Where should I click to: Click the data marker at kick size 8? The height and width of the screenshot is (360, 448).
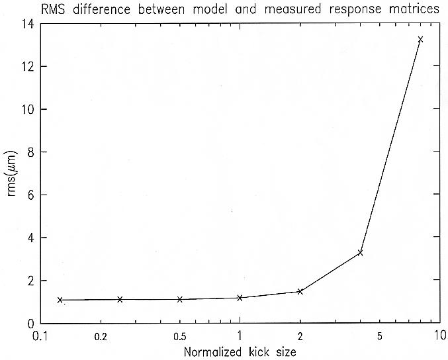pos(420,40)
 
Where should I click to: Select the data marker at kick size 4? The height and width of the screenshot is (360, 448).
pos(360,252)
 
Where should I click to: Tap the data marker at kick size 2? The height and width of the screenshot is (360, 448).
pos(300,291)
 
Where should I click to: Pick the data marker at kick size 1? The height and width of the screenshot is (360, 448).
pos(240,298)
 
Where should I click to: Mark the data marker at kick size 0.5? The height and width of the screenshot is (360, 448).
pos(179,299)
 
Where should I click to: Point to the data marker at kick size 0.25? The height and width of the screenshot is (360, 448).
pos(120,299)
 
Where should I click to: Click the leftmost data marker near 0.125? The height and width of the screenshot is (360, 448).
pos(60,300)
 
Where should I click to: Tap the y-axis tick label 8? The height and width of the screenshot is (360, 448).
pos(31,152)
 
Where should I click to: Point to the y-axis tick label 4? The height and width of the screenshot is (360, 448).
pos(31,238)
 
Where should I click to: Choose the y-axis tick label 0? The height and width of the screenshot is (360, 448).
pos(31,323)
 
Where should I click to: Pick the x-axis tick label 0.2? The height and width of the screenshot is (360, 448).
pos(101,336)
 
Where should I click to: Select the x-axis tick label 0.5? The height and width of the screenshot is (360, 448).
pos(179,336)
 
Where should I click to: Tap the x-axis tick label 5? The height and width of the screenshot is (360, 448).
pos(379,336)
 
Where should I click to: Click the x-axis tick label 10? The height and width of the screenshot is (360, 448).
pos(437,336)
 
